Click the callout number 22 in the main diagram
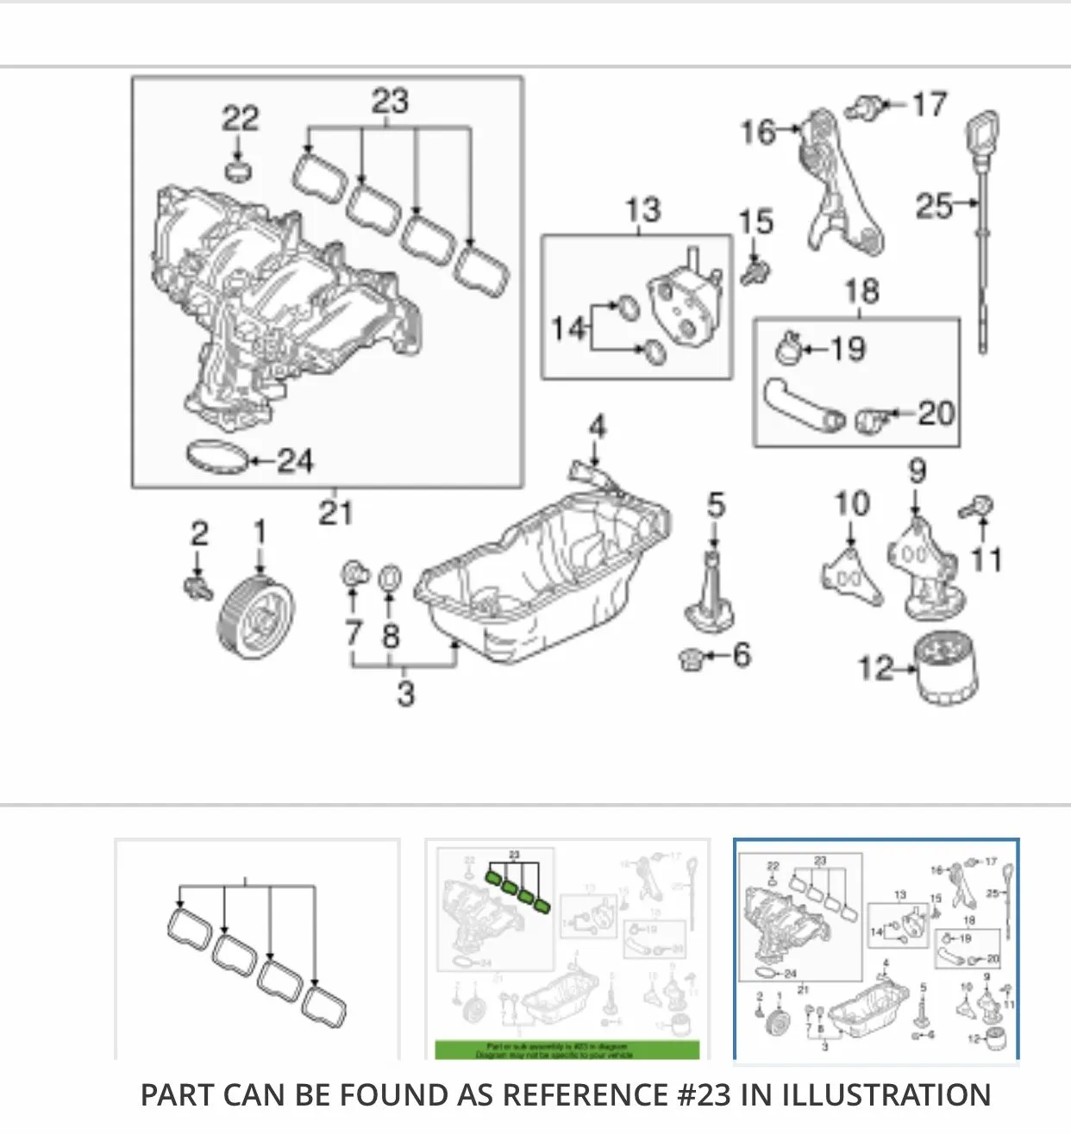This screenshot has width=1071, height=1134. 240,118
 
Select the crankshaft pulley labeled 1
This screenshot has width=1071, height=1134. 256,616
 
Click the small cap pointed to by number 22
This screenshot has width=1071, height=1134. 238,169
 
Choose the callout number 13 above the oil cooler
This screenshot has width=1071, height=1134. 642,209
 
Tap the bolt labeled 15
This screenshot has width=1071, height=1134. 755,271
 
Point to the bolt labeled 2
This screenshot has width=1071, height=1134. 197,589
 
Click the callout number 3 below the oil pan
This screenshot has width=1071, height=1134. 405,693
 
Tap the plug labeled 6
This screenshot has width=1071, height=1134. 692,660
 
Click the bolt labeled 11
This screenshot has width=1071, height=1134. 979,507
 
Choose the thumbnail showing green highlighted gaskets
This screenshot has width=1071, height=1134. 567,948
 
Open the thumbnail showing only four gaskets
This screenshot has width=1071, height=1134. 257,948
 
